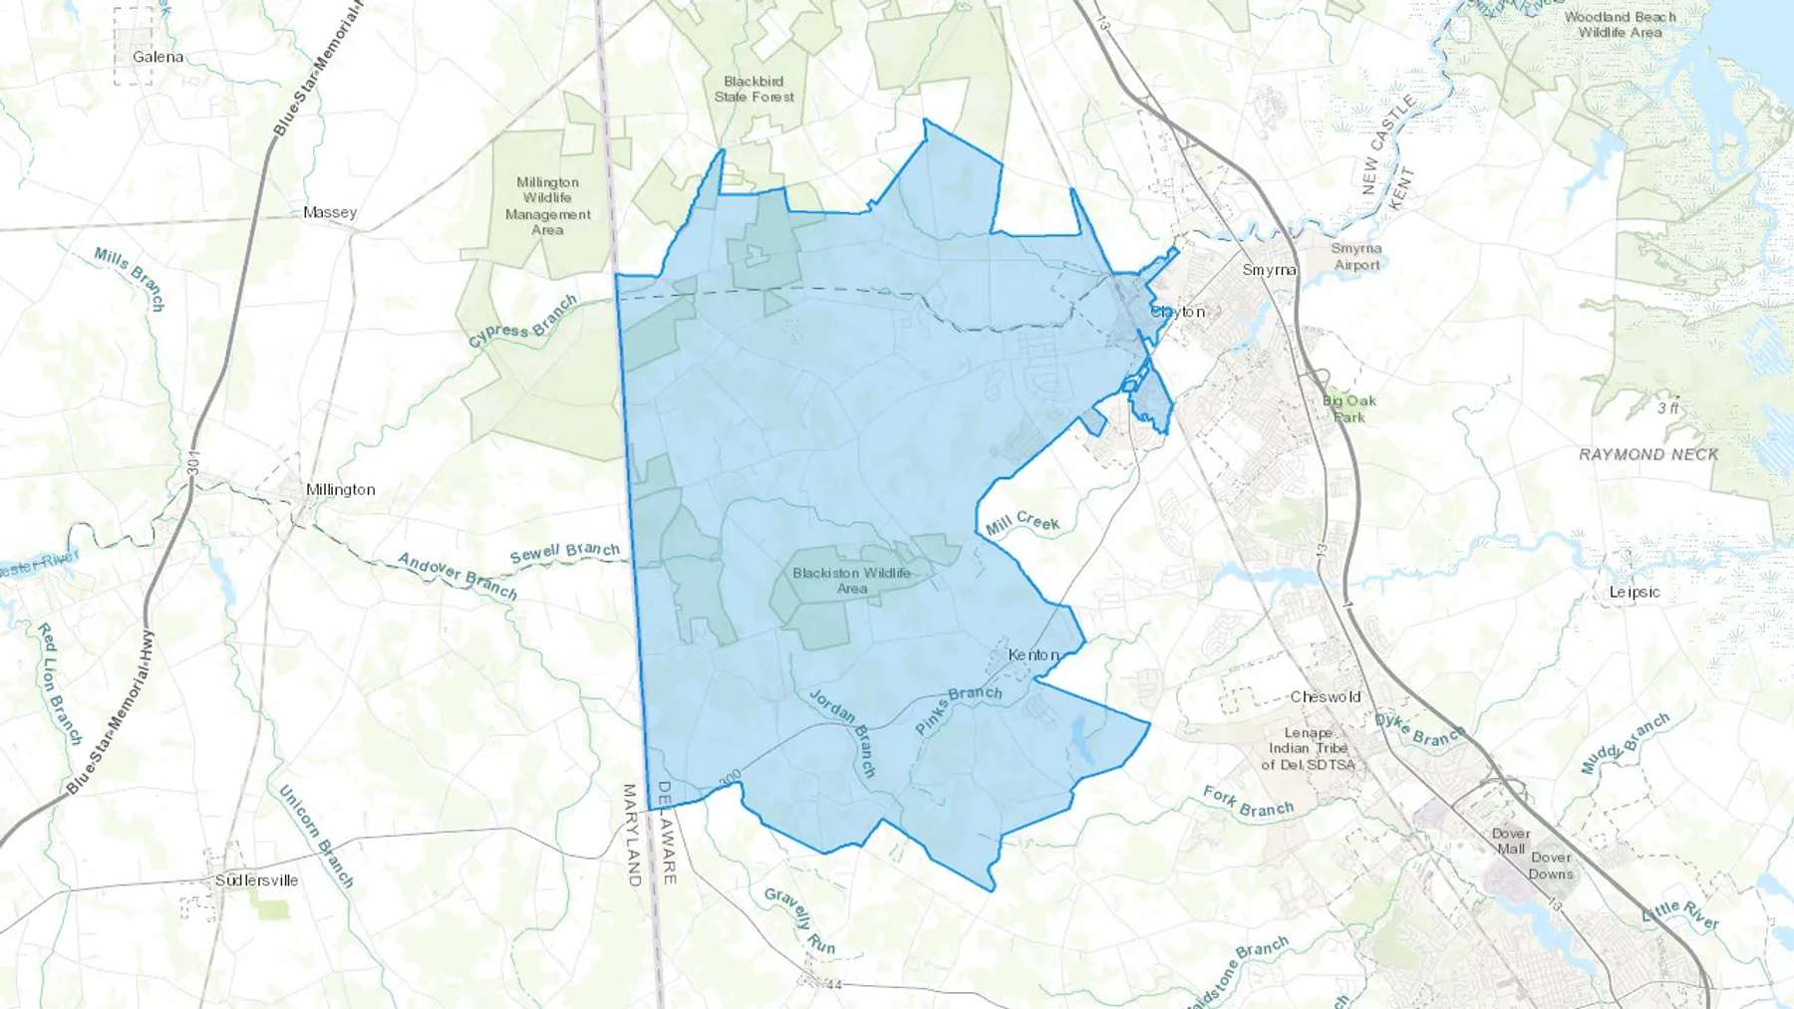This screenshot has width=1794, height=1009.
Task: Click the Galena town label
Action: click(x=157, y=57)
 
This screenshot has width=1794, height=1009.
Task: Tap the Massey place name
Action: click(x=330, y=212)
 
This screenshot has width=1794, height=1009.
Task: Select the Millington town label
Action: click(x=341, y=489)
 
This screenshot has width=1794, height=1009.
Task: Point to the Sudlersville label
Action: click(x=256, y=881)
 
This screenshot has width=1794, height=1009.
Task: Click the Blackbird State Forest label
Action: click(x=754, y=89)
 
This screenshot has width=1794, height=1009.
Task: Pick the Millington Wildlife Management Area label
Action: click(x=547, y=206)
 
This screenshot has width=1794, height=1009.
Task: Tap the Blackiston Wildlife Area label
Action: click(x=851, y=581)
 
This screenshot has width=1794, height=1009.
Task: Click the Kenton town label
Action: click(x=1034, y=654)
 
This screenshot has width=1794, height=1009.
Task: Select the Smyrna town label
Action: click(x=1269, y=270)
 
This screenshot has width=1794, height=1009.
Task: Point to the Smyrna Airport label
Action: click(x=1356, y=257)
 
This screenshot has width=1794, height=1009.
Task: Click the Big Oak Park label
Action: click(x=1349, y=408)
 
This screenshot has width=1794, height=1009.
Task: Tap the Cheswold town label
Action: click(x=1326, y=697)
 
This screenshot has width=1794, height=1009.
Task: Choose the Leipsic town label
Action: click(x=1635, y=592)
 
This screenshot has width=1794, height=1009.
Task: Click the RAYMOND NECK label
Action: click(x=1648, y=454)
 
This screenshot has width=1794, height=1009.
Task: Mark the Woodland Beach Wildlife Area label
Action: click(x=1620, y=25)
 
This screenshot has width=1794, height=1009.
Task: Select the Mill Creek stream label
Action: click(x=1024, y=523)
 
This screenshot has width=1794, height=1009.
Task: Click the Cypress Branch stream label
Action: click(x=522, y=321)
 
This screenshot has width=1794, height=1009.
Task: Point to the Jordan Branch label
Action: click(x=843, y=732)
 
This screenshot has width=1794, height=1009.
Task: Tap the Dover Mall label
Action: click(x=1511, y=842)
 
